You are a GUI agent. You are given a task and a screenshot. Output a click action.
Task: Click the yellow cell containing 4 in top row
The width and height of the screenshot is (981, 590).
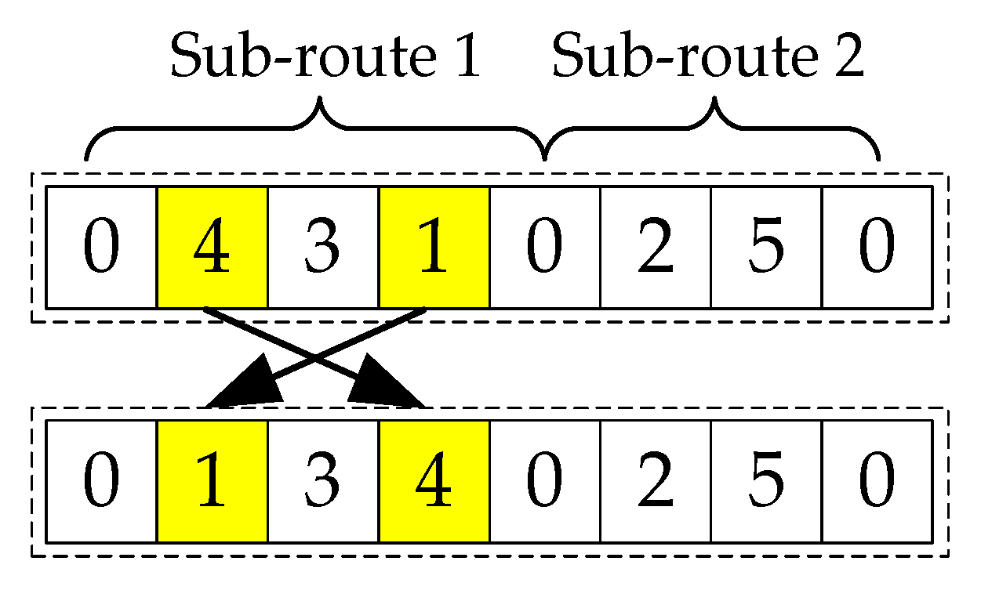213,247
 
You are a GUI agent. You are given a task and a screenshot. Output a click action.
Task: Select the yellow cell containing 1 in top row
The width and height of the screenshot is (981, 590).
434,247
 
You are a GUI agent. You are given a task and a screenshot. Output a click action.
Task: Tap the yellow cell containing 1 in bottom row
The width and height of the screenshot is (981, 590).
213,481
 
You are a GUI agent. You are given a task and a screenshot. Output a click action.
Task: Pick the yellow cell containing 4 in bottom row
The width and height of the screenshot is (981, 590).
434,481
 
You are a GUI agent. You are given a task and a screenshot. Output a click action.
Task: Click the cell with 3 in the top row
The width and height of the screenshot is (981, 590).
323,247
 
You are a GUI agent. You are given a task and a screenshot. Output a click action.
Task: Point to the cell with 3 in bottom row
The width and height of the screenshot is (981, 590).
323,481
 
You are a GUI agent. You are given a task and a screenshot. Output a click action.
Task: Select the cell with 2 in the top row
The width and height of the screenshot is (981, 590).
656,247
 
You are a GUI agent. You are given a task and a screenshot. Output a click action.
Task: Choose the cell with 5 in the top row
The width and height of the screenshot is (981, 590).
766,247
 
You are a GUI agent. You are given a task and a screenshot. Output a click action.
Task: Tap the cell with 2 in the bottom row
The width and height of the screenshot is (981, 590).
656,481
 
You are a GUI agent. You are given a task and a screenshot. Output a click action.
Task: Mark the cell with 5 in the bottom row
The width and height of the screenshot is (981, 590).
766,481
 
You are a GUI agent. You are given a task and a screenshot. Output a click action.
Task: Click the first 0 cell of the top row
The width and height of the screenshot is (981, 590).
102,247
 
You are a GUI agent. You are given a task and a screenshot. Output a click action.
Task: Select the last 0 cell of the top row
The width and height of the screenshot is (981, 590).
877,247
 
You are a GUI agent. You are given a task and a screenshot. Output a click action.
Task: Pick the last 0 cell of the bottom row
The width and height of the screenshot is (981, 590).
877,481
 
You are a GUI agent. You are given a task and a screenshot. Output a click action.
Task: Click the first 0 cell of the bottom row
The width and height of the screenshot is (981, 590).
102,481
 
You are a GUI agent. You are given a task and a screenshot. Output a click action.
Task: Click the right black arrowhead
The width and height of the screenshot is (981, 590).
391,386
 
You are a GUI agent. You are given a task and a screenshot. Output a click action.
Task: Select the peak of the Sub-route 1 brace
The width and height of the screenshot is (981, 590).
320,102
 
